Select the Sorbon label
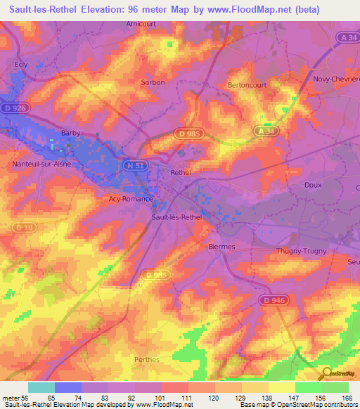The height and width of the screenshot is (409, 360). point(153,82)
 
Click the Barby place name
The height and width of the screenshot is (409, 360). point(70,132)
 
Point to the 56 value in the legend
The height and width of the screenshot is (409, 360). point(25,398)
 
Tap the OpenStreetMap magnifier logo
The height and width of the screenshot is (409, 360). point(326,373)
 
